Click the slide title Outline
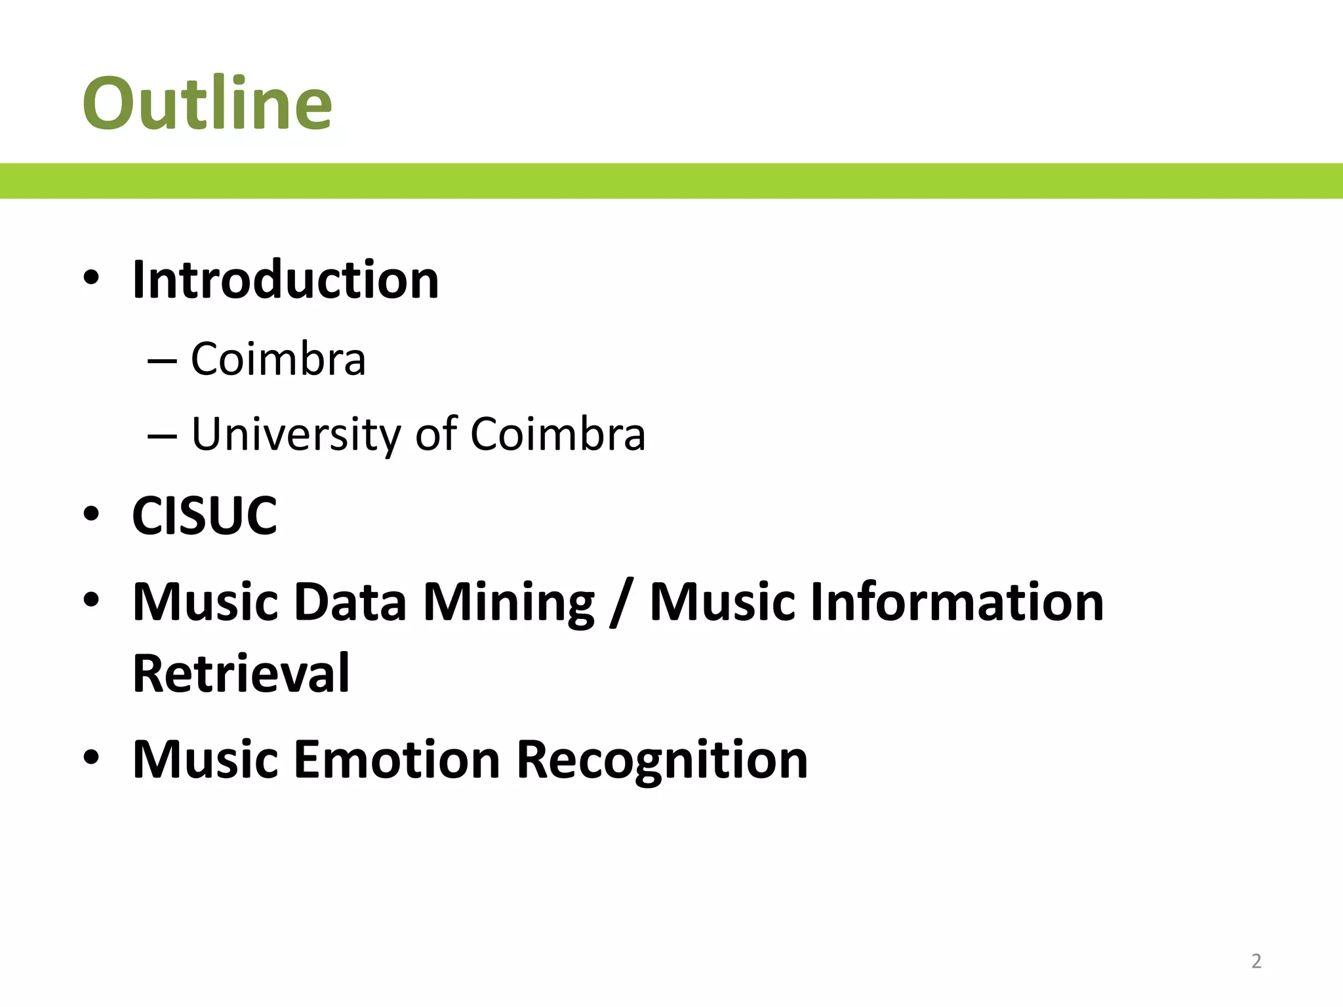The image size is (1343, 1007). click(207, 104)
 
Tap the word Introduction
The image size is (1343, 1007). click(285, 280)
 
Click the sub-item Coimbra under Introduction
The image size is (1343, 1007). click(278, 359)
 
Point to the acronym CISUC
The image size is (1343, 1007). click(205, 516)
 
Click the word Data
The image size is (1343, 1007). click(350, 602)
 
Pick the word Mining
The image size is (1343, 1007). click(509, 602)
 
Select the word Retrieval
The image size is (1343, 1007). click(241, 673)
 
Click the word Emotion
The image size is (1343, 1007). click(397, 759)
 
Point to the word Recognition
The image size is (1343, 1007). click(662, 759)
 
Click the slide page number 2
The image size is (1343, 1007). click(1256, 961)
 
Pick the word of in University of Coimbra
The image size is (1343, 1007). click(435, 434)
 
